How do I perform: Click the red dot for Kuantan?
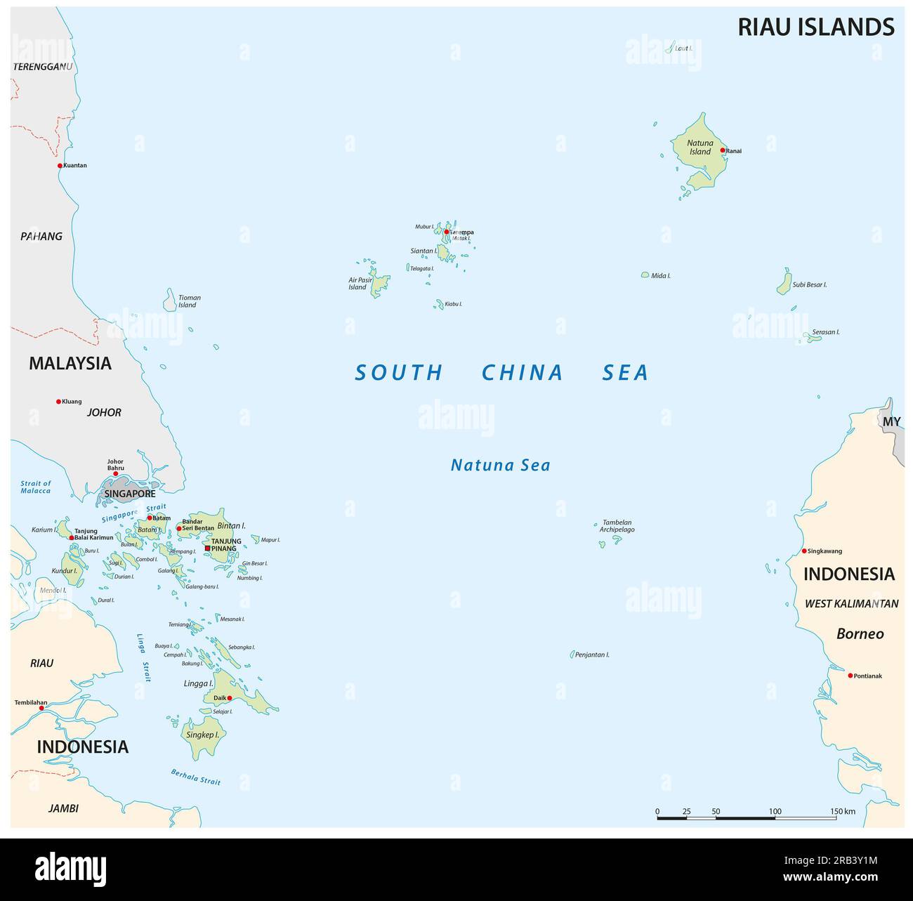60,166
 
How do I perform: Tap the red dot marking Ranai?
722,150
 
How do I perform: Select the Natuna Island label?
699,147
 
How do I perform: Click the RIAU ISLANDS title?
815,27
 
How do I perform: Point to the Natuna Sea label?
500,465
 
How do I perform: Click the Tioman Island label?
188,301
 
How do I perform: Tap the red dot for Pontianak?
850,676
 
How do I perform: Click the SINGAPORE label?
129,494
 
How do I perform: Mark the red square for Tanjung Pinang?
207,548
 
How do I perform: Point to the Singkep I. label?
202,735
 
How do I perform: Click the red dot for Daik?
230,698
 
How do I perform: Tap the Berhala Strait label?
195,777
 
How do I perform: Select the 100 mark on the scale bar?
775,811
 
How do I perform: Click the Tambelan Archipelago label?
617,526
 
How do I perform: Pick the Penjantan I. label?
592,655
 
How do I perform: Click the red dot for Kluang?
59,402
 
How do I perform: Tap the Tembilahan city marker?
41,708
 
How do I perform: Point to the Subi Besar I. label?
809,285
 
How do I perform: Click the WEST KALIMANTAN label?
851,603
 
